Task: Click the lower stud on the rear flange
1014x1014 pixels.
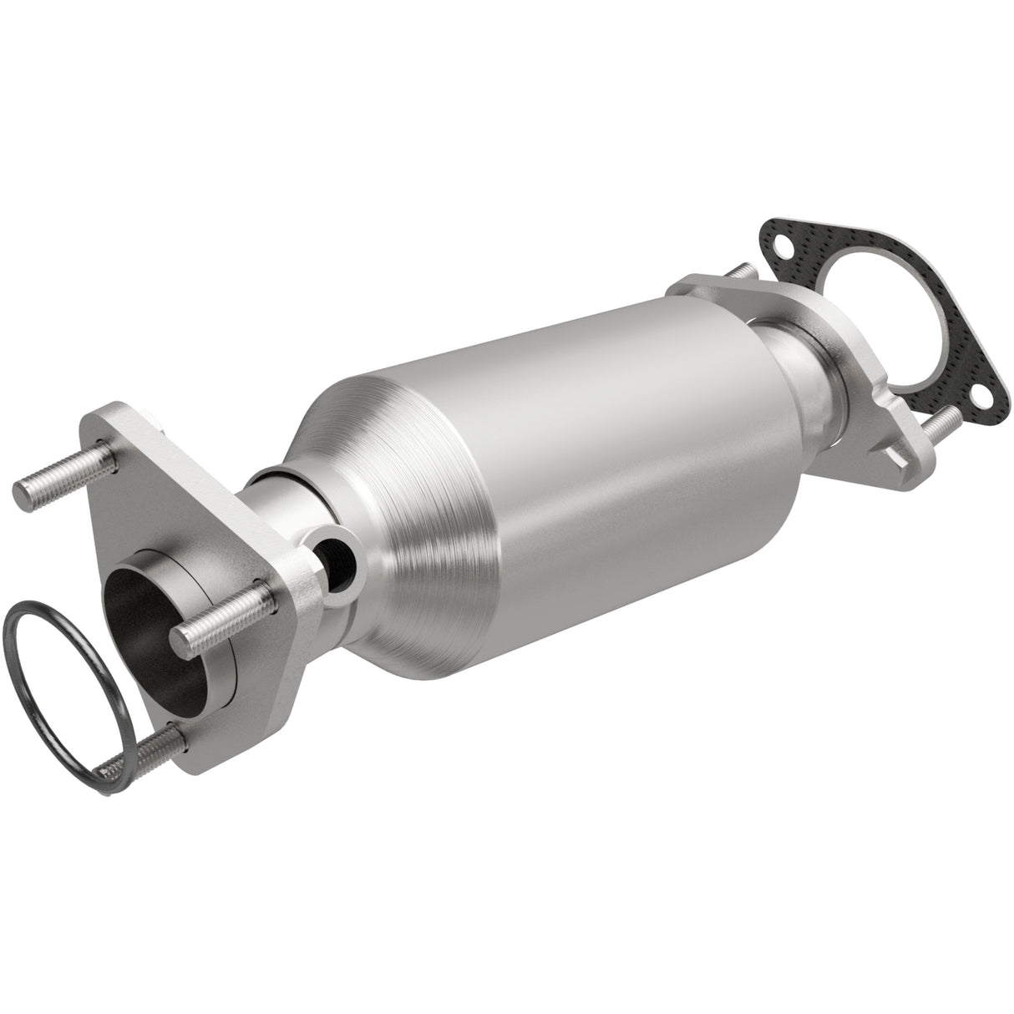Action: pyautogui.click(x=940, y=426)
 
